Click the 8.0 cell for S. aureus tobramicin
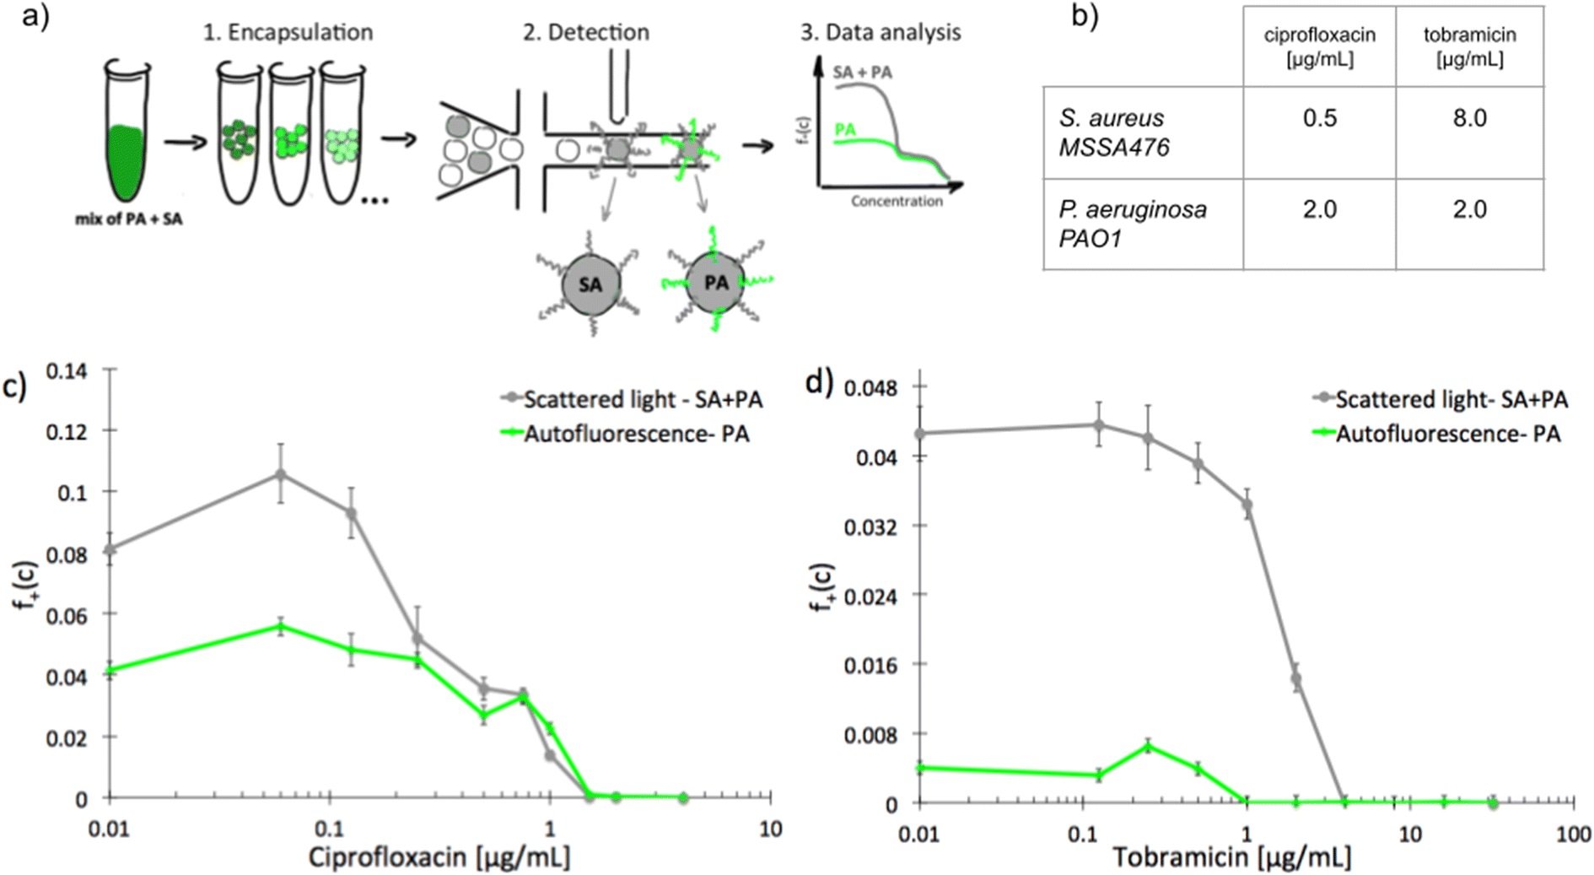pyautogui.click(x=1468, y=118)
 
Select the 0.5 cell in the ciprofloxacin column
pyautogui.click(x=1319, y=118)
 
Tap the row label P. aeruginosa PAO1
pyautogui.click(x=1133, y=224)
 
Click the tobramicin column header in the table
pyautogui.click(x=1469, y=46)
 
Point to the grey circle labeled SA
pyautogui.click(x=590, y=284)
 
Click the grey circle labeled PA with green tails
pyautogui.click(x=716, y=282)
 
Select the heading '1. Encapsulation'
pyautogui.click(x=288, y=32)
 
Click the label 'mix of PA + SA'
pyautogui.click(x=129, y=219)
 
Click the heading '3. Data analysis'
pyautogui.click(x=880, y=32)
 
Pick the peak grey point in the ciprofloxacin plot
pyautogui.click(x=282, y=474)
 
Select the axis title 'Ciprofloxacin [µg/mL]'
pyautogui.click(x=439, y=856)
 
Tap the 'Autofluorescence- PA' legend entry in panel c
pyautogui.click(x=636, y=434)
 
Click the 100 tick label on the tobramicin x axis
pyautogui.click(x=1572, y=834)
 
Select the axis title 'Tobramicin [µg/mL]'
pyautogui.click(x=1231, y=857)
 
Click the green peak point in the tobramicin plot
pyautogui.click(x=1148, y=746)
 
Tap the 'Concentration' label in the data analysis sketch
pyautogui.click(x=897, y=201)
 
